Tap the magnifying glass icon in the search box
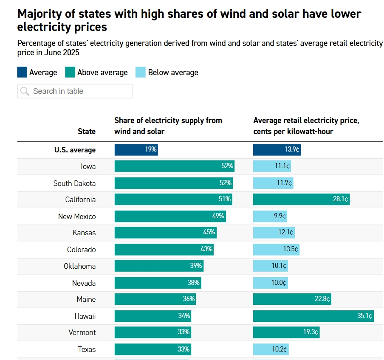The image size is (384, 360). click(x=25, y=91)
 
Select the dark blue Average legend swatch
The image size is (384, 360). click(x=22, y=72)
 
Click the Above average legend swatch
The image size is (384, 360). click(x=70, y=72)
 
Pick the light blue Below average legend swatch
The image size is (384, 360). click(x=141, y=72)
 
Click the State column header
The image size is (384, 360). click(x=87, y=131)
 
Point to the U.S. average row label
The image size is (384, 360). click(x=75, y=150)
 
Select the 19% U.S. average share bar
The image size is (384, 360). click(x=136, y=150)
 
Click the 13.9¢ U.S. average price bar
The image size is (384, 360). click(x=277, y=150)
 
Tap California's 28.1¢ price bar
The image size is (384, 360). click(x=301, y=200)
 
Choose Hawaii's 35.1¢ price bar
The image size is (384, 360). click(x=313, y=316)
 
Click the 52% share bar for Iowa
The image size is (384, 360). click(x=174, y=166)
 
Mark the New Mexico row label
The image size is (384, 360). click(x=77, y=217)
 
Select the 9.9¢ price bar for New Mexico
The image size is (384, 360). click(x=270, y=217)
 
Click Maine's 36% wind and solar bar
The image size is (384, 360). click(x=155, y=299)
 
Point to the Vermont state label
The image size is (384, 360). click(x=82, y=332)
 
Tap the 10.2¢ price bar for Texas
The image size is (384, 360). click(x=271, y=349)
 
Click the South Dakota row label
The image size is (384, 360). click(x=74, y=183)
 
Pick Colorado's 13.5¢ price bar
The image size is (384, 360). click(x=276, y=250)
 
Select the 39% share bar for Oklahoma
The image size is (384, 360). click(x=158, y=266)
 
